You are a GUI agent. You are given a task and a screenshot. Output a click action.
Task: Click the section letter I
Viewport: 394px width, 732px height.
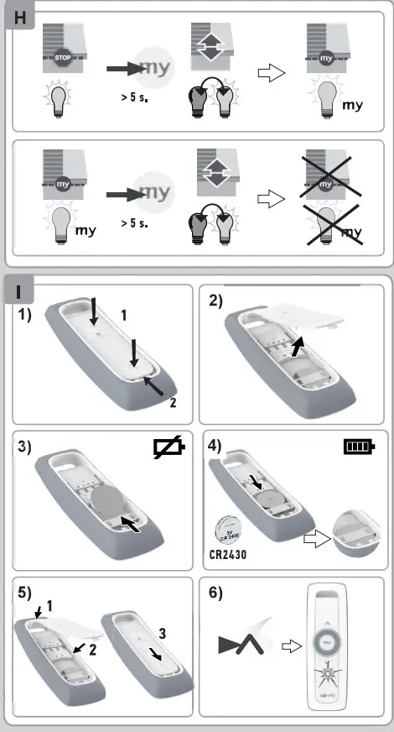coord(23,292)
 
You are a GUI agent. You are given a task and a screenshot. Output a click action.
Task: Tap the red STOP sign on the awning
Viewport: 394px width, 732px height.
coord(63,59)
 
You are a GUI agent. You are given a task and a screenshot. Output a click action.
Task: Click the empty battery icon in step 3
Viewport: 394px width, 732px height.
coord(170,451)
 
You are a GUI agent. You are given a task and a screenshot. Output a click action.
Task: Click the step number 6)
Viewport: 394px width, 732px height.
coord(216,592)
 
